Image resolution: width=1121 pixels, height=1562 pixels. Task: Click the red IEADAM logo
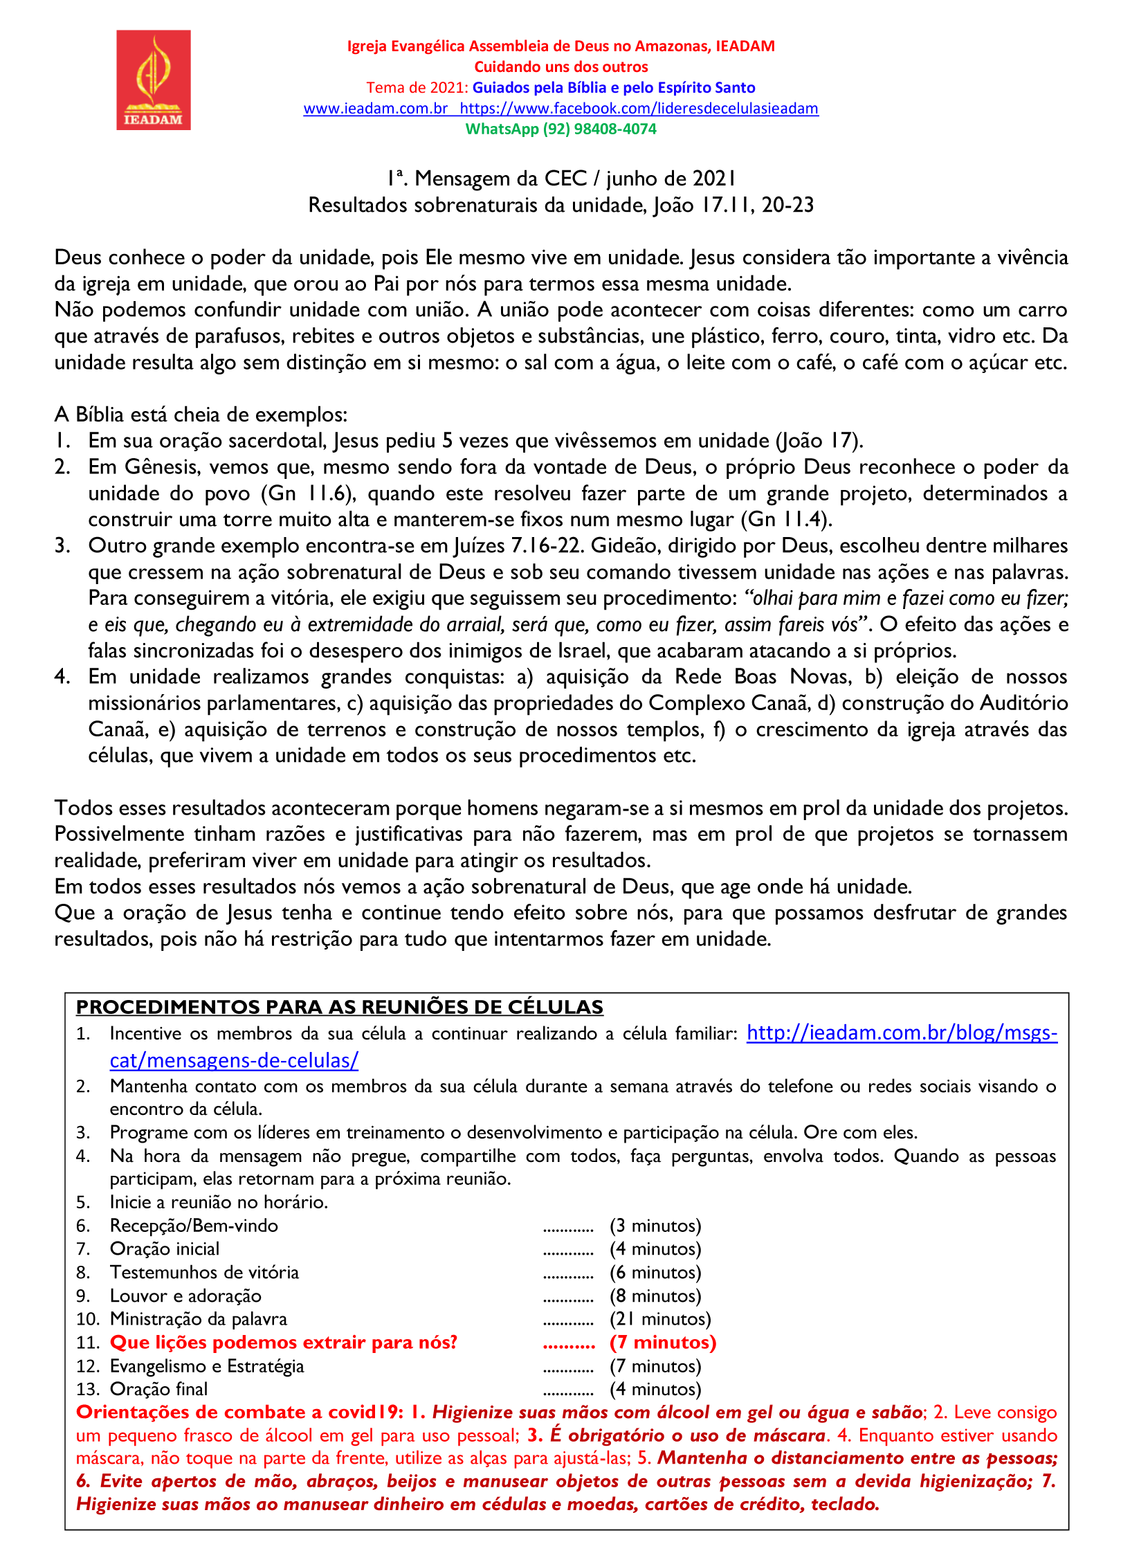point(153,80)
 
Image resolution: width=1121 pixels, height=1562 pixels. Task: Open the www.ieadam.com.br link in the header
point(375,109)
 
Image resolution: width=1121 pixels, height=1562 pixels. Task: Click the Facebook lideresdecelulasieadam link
point(639,109)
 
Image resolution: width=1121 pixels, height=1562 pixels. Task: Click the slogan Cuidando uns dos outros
point(560,67)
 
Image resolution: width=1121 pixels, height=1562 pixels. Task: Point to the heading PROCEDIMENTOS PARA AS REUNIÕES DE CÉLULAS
point(339,1007)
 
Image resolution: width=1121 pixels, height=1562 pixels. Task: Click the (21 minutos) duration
point(660,1319)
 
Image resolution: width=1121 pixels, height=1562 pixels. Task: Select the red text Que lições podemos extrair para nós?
point(284,1343)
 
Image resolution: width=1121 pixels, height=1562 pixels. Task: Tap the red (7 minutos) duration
point(662,1343)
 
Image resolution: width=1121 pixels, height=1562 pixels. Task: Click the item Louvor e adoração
point(185,1296)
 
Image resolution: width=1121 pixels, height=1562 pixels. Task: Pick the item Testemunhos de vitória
point(204,1272)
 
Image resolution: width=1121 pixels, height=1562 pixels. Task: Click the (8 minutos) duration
point(655,1296)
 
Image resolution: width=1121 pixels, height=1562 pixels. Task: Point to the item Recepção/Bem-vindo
point(194,1226)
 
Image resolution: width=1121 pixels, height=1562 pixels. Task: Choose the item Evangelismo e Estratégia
point(207,1366)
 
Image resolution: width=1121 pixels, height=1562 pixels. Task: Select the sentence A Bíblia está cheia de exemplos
point(201,415)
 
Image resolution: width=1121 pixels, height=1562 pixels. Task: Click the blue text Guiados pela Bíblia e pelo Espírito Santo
point(614,88)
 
